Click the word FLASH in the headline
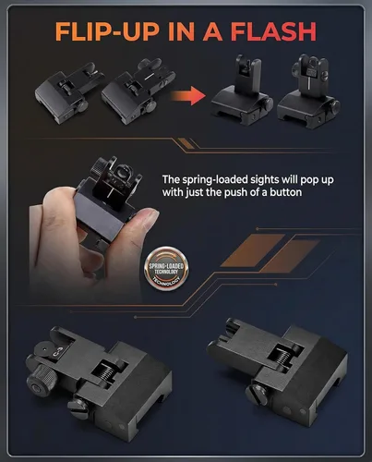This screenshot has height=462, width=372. pyautogui.click(x=273, y=31)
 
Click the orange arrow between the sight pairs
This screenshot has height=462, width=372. pyautogui.click(x=187, y=95)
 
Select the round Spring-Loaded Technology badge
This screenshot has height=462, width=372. pyautogui.click(x=166, y=269)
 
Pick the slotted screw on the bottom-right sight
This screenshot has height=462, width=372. pyautogui.click(x=258, y=395)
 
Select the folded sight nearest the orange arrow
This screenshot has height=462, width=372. pyautogui.click(x=138, y=91)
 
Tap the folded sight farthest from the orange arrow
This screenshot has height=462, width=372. pyautogui.click(x=69, y=93)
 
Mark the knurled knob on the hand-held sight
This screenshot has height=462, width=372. pyautogui.click(x=100, y=166)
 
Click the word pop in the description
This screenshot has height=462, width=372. pyautogui.click(x=310, y=180)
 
